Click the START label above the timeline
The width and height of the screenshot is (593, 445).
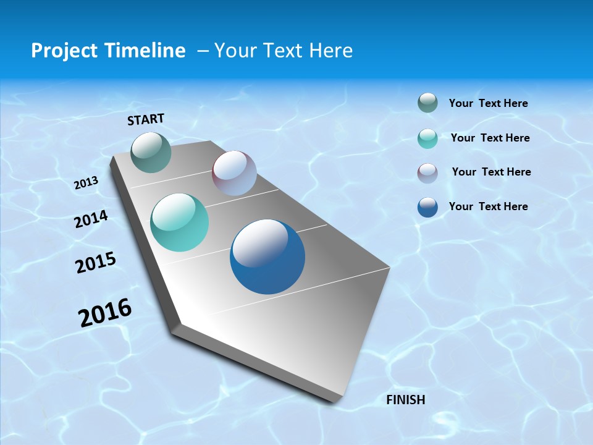tap(146, 119)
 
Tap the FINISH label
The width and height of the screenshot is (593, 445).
tap(406, 399)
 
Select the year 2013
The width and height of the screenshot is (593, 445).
tap(86, 183)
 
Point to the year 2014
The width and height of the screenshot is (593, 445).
tap(91, 219)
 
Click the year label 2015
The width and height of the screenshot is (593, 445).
tap(96, 262)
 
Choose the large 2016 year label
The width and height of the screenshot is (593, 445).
tap(106, 313)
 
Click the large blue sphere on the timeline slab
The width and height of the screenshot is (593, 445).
tap(267, 256)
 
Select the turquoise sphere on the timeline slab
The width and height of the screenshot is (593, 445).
tap(180, 222)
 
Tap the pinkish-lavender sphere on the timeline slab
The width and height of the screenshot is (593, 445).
tap(234, 173)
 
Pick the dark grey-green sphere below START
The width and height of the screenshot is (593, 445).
tap(151, 152)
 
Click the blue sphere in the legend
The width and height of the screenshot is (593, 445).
tap(427, 207)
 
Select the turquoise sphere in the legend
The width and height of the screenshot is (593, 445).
tap(427, 138)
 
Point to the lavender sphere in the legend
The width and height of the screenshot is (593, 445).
tap(427, 173)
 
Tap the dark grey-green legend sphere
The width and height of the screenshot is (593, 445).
tap(427, 103)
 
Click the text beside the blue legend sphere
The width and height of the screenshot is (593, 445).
tap(489, 206)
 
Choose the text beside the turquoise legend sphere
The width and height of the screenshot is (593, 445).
tap(490, 138)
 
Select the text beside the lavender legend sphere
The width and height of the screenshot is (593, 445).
tap(492, 172)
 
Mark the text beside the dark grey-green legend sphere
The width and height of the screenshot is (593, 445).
tap(489, 103)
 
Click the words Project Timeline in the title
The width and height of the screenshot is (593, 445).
tap(108, 51)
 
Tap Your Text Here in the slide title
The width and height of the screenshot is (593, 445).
tap(284, 51)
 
